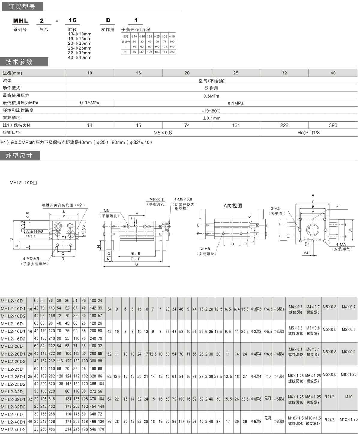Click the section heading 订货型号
pos(22,6)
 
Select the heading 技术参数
pos(19,62)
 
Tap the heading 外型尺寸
pos(19,156)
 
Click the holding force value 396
pos(333,125)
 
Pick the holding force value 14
pos(89,125)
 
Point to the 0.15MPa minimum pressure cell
pos(89,103)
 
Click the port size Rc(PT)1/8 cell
pos(309,133)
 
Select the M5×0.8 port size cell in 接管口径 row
pos(163,133)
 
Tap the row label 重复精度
pos(12,118)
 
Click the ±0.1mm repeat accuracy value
pos(211,118)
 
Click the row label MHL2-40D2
pos(13,429)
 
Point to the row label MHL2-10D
pos(12,301)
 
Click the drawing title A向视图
pos(233,206)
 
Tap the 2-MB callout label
pos(205,249)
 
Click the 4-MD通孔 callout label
pos(31,259)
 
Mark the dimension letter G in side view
pos(137,264)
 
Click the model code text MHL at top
pos(20,20)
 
